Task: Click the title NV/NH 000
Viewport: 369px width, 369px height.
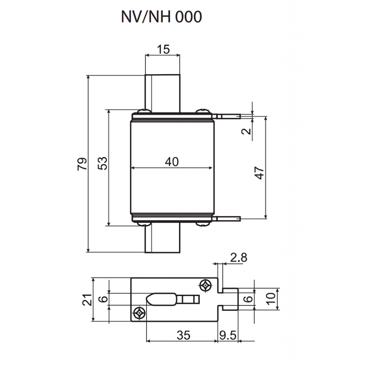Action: pyautogui.click(x=161, y=17)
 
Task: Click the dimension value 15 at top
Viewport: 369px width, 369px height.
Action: pyautogui.click(x=162, y=48)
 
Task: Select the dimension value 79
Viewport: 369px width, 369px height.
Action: pyautogui.click(x=83, y=164)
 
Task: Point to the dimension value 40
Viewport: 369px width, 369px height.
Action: pyautogui.click(x=172, y=161)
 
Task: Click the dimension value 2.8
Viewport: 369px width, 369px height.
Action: pyautogui.click(x=238, y=257)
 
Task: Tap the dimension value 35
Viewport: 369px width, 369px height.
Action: pyautogui.click(x=183, y=336)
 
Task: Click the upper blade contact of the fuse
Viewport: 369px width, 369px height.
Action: pyautogui.click(x=162, y=92)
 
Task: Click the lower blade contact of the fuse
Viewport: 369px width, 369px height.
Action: pyautogui.click(x=162, y=239)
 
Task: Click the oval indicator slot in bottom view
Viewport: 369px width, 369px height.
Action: pyautogui.click(x=161, y=299)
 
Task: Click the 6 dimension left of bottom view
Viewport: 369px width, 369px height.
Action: pyautogui.click(x=105, y=299)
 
